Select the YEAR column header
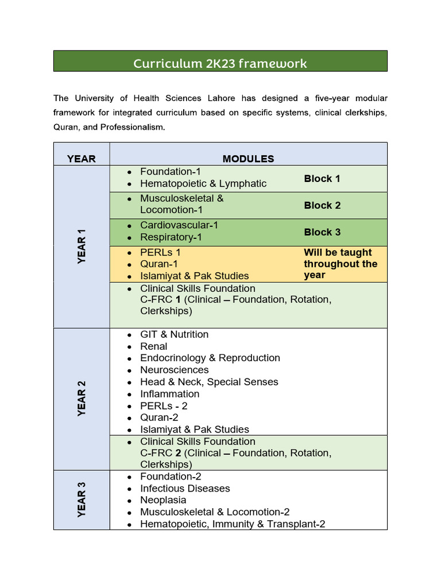pyautogui.click(x=81, y=158)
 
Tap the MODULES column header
pyautogui.click(x=248, y=158)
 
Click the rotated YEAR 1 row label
pyautogui.click(x=82, y=246)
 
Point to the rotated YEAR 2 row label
pyautogui.click(x=82, y=399)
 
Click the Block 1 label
pyautogui.click(x=322, y=179)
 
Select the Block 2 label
pyautogui.click(x=322, y=205)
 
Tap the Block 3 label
pyautogui.click(x=322, y=232)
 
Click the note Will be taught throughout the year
pyautogui.click(x=341, y=264)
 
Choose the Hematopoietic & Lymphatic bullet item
pyautogui.click(x=203, y=184)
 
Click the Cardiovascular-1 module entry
pyautogui.click(x=179, y=225)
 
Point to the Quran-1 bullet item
pyautogui.click(x=159, y=264)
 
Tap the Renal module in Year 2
pyautogui.click(x=154, y=346)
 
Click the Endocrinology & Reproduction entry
pyautogui.click(x=210, y=358)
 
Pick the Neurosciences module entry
pyautogui.click(x=175, y=370)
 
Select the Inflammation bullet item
pyautogui.click(x=170, y=394)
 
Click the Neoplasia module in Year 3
pyautogui.click(x=163, y=500)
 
